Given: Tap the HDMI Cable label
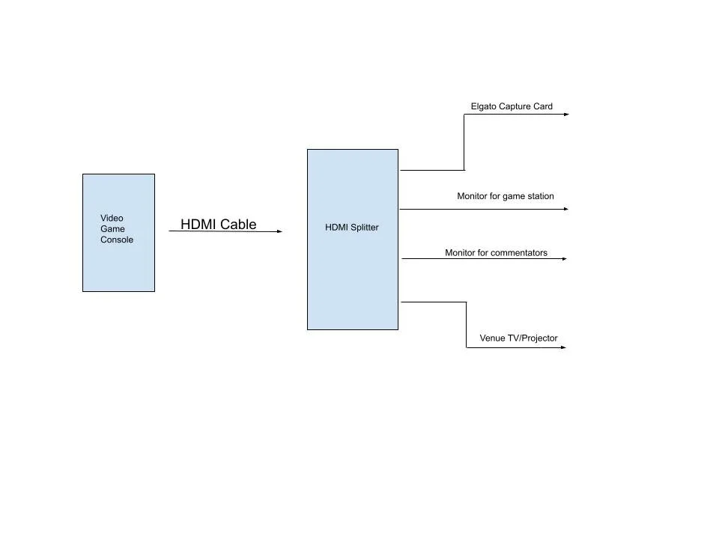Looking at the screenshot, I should pos(218,224).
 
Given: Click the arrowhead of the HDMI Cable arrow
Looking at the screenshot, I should pos(279,231).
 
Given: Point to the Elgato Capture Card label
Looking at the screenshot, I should pos(512,106).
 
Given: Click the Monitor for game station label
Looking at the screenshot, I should pos(506,196).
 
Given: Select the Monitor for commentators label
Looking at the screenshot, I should pos(496,253).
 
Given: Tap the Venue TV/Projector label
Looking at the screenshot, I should pos(518,338).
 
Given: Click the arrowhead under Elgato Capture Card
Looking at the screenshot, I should pos(566,115).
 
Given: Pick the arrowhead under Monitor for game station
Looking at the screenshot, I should pos(566,209).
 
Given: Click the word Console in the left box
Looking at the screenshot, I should pos(117,240).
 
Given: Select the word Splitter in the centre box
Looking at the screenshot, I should pos(365,227).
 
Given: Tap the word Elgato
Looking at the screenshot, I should pos(484,106).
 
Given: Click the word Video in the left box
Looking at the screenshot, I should pos(112,218).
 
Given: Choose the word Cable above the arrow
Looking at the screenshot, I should pos(238,224).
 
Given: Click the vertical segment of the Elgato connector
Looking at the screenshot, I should pos(464,142).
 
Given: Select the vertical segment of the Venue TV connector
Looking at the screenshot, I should pos(467,325).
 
